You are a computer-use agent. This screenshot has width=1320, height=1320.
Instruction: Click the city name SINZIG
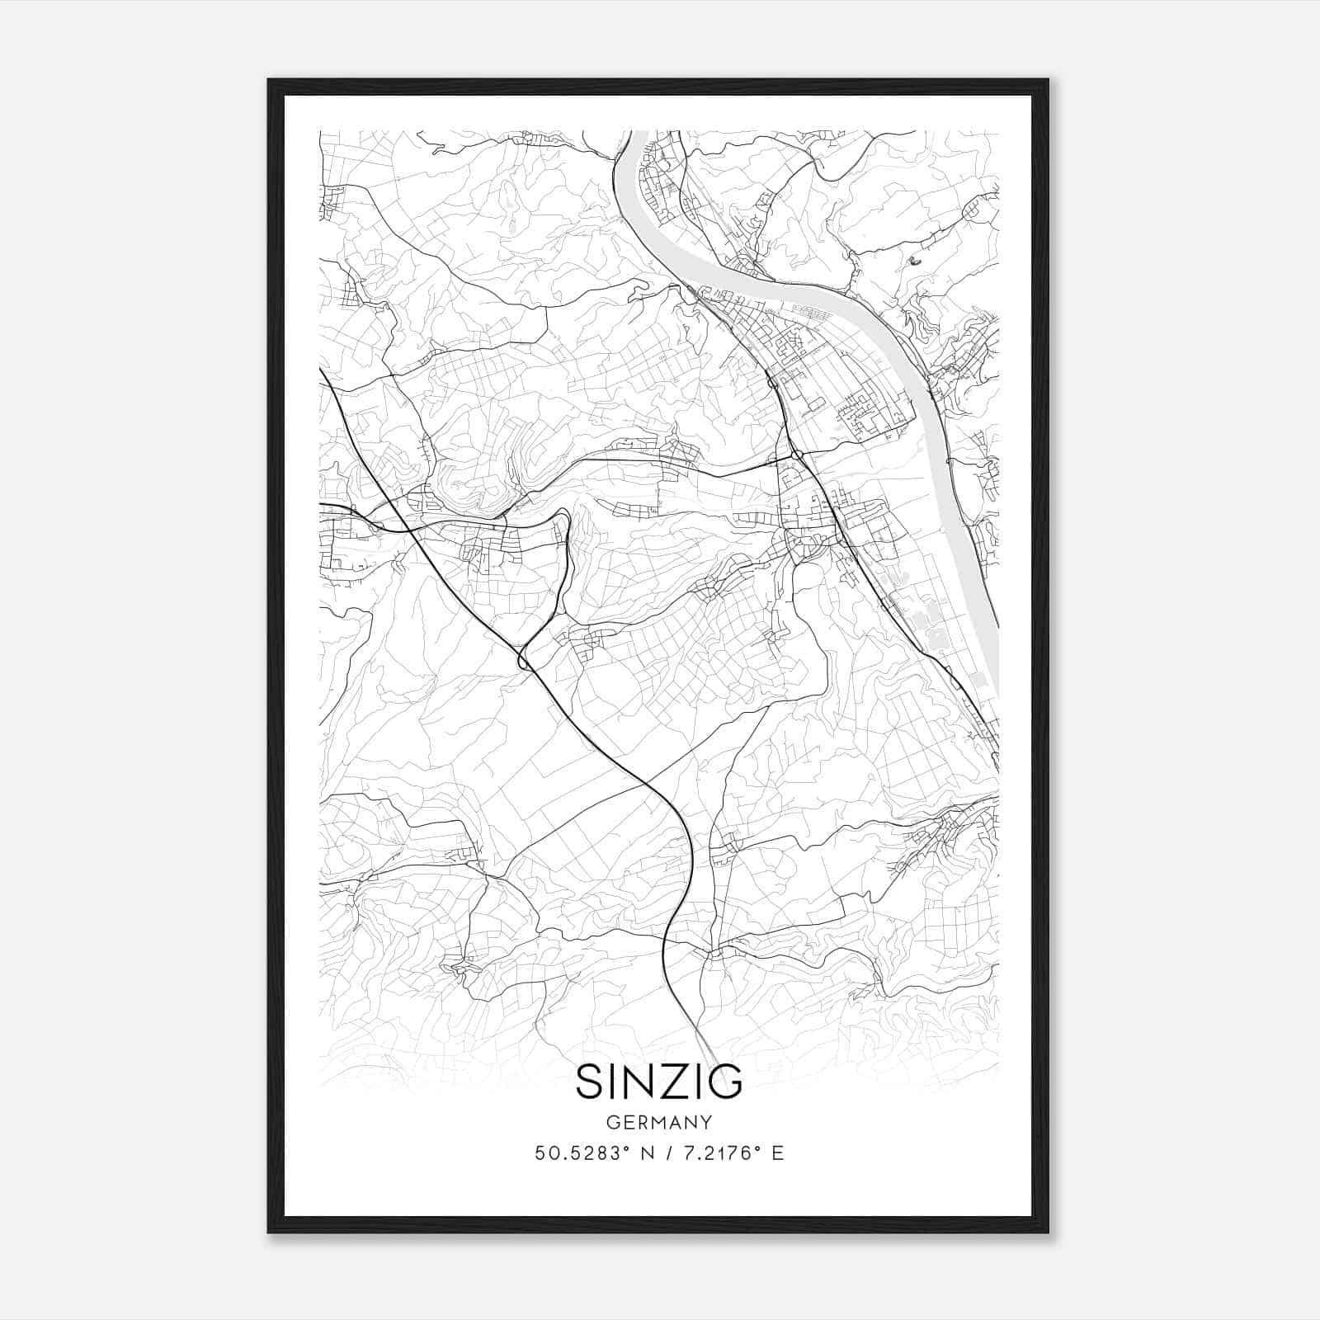[x=659, y=1082]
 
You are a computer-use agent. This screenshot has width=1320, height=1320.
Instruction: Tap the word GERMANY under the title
[x=659, y=1123]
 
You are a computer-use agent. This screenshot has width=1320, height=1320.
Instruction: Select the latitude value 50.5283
[x=577, y=1153]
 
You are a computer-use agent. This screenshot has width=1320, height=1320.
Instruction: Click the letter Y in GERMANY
[x=706, y=1123]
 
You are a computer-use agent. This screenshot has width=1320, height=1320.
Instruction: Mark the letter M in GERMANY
[x=659, y=1123]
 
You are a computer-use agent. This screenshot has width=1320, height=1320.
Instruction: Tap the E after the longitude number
[x=777, y=1153]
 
